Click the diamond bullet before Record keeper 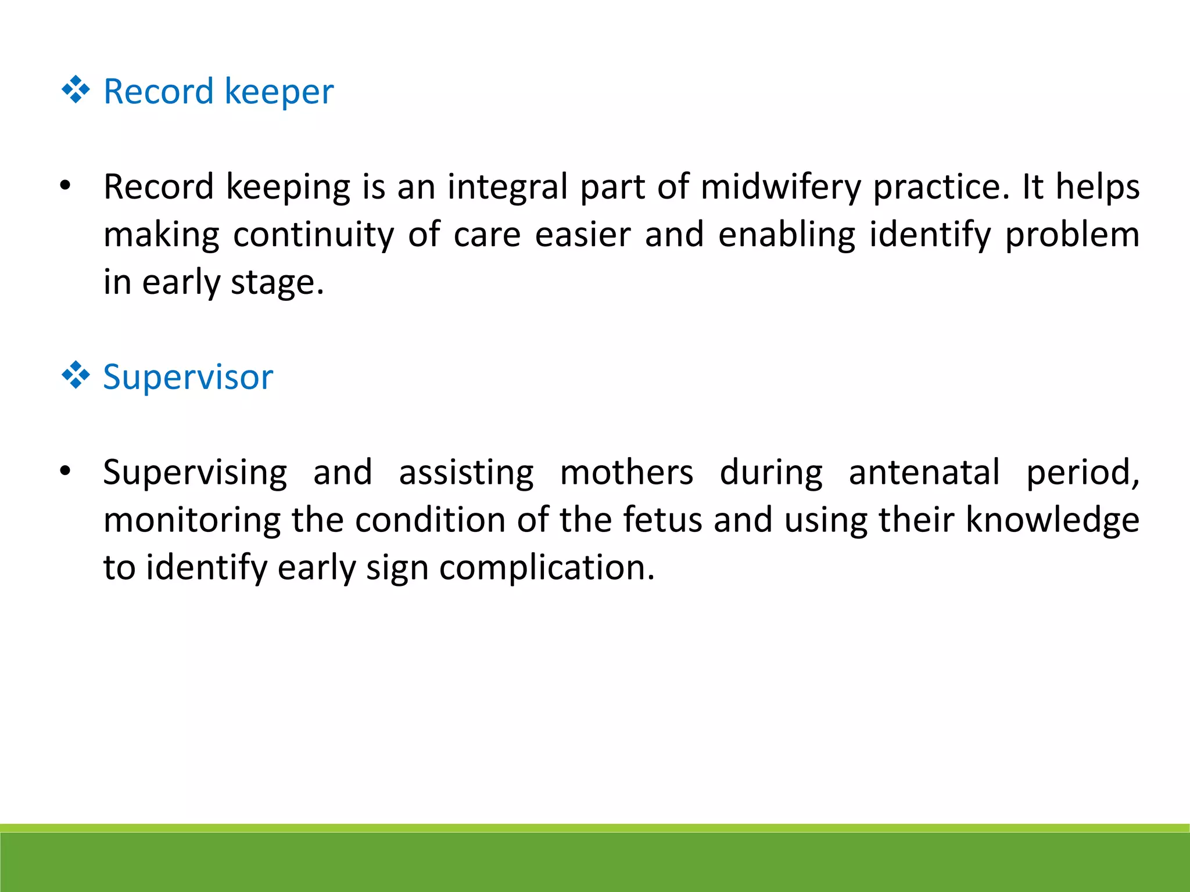pyautogui.click(x=76, y=91)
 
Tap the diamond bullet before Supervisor pyautogui.click(x=76, y=375)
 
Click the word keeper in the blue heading pyautogui.click(x=279, y=92)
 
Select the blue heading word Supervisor pyautogui.click(x=188, y=377)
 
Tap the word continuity pyautogui.click(x=314, y=235)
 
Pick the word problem pyautogui.click(x=1072, y=235)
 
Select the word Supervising pyautogui.click(x=195, y=473)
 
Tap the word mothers pyautogui.click(x=626, y=473)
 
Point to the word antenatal pyautogui.click(x=924, y=473)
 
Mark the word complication pyautogui.click(x=546, y=568)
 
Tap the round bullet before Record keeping pyautogui.click(x=65, y=186)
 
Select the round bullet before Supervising pyautogui.click(x=65, y=471)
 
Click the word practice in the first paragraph pyautogui.click(x=941, y=188)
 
